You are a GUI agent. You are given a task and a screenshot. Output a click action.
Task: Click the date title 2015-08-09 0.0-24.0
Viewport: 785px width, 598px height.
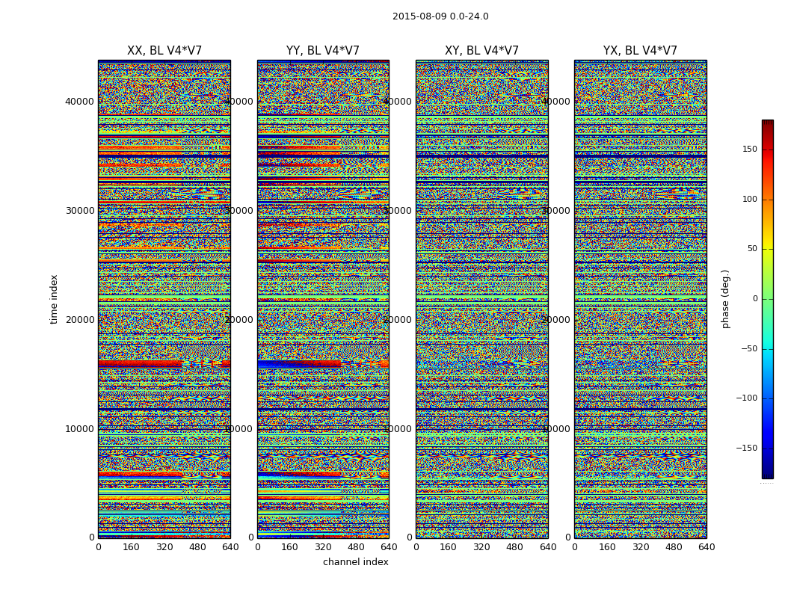(440, 16)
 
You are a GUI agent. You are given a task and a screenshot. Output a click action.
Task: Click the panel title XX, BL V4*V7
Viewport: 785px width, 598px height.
(164, 51)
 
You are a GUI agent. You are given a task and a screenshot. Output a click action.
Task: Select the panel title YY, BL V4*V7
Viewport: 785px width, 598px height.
(323, 51)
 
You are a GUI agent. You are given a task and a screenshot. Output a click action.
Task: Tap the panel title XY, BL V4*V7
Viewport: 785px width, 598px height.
(481, 51)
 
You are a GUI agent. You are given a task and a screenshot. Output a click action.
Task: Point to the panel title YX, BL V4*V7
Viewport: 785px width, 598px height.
(640, 51)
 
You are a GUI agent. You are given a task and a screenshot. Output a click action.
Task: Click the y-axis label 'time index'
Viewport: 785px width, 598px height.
(54, 299)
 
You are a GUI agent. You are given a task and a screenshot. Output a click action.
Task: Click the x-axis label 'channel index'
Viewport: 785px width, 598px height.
(355, 562)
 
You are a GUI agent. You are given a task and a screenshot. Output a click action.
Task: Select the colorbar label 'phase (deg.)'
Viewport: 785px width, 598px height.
(725, 299)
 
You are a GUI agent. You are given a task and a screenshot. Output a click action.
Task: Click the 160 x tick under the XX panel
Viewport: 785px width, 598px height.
(131, 547)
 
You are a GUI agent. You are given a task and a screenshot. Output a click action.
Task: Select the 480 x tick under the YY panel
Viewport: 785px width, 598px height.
(356, 547)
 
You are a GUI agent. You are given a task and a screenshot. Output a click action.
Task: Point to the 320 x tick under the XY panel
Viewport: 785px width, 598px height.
(481, 547)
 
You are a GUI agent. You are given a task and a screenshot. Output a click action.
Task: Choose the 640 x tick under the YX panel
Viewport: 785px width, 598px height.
(706, 547)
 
